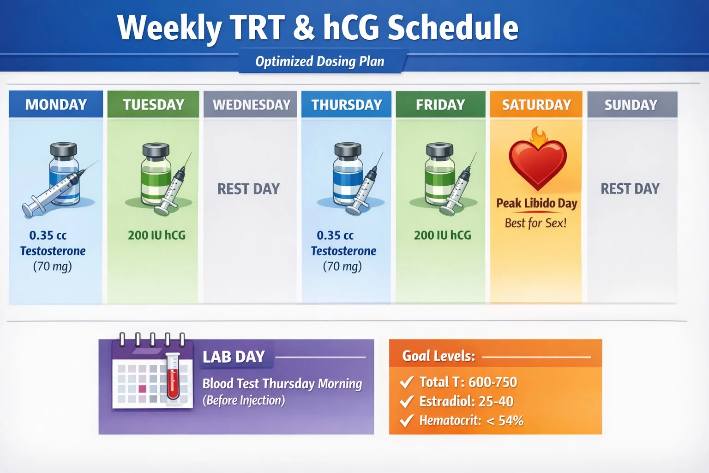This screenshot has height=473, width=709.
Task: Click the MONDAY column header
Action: point(56,104)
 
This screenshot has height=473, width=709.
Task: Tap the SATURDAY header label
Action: point(536,104)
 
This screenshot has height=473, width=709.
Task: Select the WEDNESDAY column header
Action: point(251,104)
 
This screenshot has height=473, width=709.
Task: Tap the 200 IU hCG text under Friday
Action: point(442,235)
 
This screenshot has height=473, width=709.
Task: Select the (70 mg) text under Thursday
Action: point(342,266)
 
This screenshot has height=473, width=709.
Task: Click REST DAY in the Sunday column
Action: point(630,188)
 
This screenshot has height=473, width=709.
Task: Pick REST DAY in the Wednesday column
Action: point(248,188)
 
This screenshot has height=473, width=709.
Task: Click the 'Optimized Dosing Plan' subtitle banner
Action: point(320,61)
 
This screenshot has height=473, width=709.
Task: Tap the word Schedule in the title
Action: point(453,28)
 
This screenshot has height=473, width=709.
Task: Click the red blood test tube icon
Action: point(173,376)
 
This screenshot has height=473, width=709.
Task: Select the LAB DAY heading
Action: point(234,357)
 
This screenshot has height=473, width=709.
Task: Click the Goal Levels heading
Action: point(438,356)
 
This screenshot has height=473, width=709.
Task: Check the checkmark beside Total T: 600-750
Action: point(406,382)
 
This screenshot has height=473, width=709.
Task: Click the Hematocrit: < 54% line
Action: point(471,420)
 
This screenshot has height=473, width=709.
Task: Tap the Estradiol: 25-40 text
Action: point(466,401)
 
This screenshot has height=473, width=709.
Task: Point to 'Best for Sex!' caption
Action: point(535,223)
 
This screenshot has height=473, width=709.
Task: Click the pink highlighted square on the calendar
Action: point(142,389)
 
